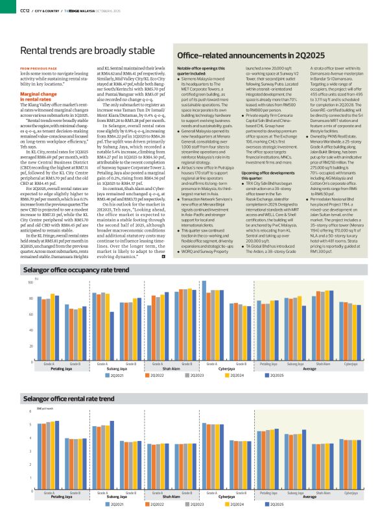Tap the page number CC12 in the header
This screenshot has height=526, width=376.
click(26, 7)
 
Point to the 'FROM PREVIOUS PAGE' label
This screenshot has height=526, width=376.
click(40, 68)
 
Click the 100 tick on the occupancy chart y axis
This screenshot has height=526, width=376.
click(30, 301)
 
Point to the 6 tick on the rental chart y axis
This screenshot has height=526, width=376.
click(30, 412)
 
